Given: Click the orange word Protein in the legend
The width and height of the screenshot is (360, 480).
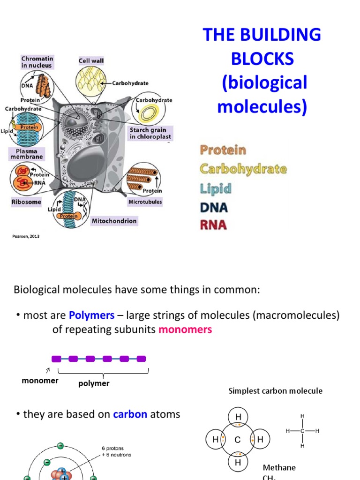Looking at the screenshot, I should (223, 150).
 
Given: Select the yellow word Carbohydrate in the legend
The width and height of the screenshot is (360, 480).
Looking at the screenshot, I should (243, 169).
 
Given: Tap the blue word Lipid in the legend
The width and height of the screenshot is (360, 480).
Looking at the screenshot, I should (216, 188).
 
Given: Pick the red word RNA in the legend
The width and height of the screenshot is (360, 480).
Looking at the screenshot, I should (213, 225).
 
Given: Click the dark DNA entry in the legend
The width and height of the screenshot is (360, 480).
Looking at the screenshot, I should (214, 207).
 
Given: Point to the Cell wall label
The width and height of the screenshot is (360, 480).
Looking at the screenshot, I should (91, 60).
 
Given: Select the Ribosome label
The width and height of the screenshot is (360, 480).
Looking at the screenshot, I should (26, 202).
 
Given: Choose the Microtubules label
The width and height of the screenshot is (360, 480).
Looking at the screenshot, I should (145, 202).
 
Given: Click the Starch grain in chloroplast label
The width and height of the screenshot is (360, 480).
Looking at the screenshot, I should (150, 133).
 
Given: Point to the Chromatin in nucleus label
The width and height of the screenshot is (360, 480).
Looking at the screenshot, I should (37, 62).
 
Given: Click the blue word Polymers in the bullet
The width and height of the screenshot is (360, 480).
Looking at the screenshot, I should (91, 315).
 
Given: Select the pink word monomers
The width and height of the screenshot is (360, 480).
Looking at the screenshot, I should (185, 330).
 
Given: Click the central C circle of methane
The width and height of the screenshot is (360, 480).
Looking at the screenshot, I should (237, 440).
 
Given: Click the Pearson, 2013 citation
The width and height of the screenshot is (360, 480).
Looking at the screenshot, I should (26, 236).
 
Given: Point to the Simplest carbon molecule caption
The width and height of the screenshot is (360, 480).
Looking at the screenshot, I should (275, 391).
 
